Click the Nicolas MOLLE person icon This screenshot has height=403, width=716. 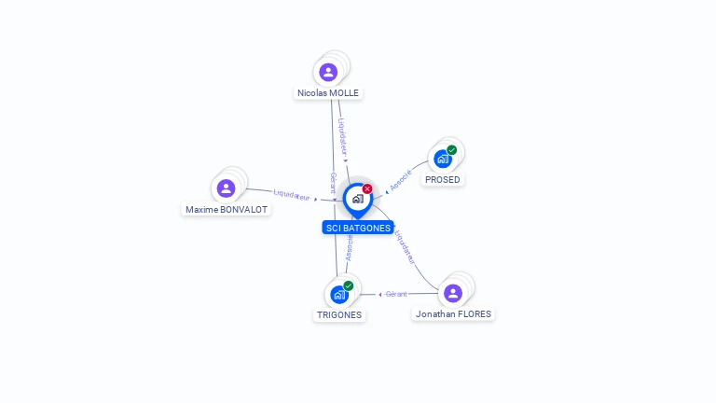tap(328, 72)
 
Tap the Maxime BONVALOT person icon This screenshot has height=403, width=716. tap(226, 188)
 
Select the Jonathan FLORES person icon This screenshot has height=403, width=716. tap(453, 293)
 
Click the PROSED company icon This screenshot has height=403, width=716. tap(442, 159)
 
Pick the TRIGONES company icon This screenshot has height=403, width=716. tap(338, 295)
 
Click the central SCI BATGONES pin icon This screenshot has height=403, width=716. tap(357, 199)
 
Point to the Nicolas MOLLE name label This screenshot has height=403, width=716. tap(328, 93)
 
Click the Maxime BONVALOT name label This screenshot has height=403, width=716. tap(227, 210)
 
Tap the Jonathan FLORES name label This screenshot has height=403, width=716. tap(453, 314)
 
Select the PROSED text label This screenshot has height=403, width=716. tap(443, 179)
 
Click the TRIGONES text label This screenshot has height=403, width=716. tap(338, 315)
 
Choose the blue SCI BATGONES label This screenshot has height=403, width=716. tap(358, 228)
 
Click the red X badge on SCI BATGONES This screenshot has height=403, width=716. tap(367, 188)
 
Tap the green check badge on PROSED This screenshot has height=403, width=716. tap(452, 149)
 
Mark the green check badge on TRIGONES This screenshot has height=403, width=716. tap(349, 285)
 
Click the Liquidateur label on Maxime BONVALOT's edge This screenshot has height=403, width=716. tap(292, 196)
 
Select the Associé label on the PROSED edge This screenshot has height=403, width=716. tap(401, 181)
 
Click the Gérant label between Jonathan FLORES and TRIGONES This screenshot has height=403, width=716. tap(396, 294)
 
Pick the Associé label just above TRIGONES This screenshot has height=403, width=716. tap(349, 247)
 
